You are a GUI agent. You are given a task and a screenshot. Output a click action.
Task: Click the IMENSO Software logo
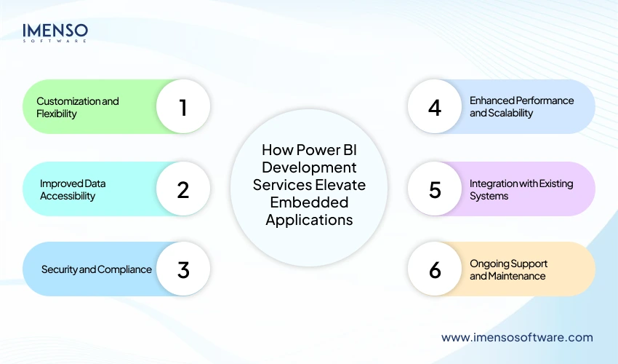pyautogui.click(x=55, y=33)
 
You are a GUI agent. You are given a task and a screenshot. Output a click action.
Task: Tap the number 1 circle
pyautogui.click(x=183, y=107)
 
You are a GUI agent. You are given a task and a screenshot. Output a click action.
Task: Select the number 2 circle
pyautogui.click(x=183, y=189)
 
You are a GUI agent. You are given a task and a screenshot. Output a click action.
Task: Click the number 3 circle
pyautogui.click(x=183, y=269)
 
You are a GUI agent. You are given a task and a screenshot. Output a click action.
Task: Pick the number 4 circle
pyautogui.click(x=435, y=107)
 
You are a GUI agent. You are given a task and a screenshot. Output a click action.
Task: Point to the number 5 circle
pyautogui.click(x=435, y=189)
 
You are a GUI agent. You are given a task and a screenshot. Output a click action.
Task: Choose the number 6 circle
pyautogui.click(x=435, y=269)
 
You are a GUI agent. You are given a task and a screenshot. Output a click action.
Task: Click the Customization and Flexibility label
pyautogui.click(x=77, y=107)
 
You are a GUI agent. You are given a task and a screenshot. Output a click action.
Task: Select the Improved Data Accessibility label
pyautogui.click(x=73, y=189)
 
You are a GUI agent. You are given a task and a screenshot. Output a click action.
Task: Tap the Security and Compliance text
pyautogui.click(x=97, y=269)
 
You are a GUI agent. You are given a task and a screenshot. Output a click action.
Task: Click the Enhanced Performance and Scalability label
pyautogui.click(x=521, y=107)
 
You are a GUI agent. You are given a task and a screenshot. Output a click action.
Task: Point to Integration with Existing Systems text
pyautogui.click(x=521, y=189)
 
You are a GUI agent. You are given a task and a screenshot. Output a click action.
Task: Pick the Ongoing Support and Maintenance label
pyautogui.click(x=508, y=269)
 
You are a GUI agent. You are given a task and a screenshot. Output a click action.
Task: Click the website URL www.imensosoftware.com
pyautogui.click(x=517, y=337)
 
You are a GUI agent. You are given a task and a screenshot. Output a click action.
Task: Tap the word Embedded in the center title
pyautogui.click(x=309, y=202)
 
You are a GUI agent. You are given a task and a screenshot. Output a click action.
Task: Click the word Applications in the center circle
pyautogui.click(x=309, y=219)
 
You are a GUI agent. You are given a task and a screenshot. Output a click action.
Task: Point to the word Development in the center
pyautogui.click(x=309, y=168)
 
